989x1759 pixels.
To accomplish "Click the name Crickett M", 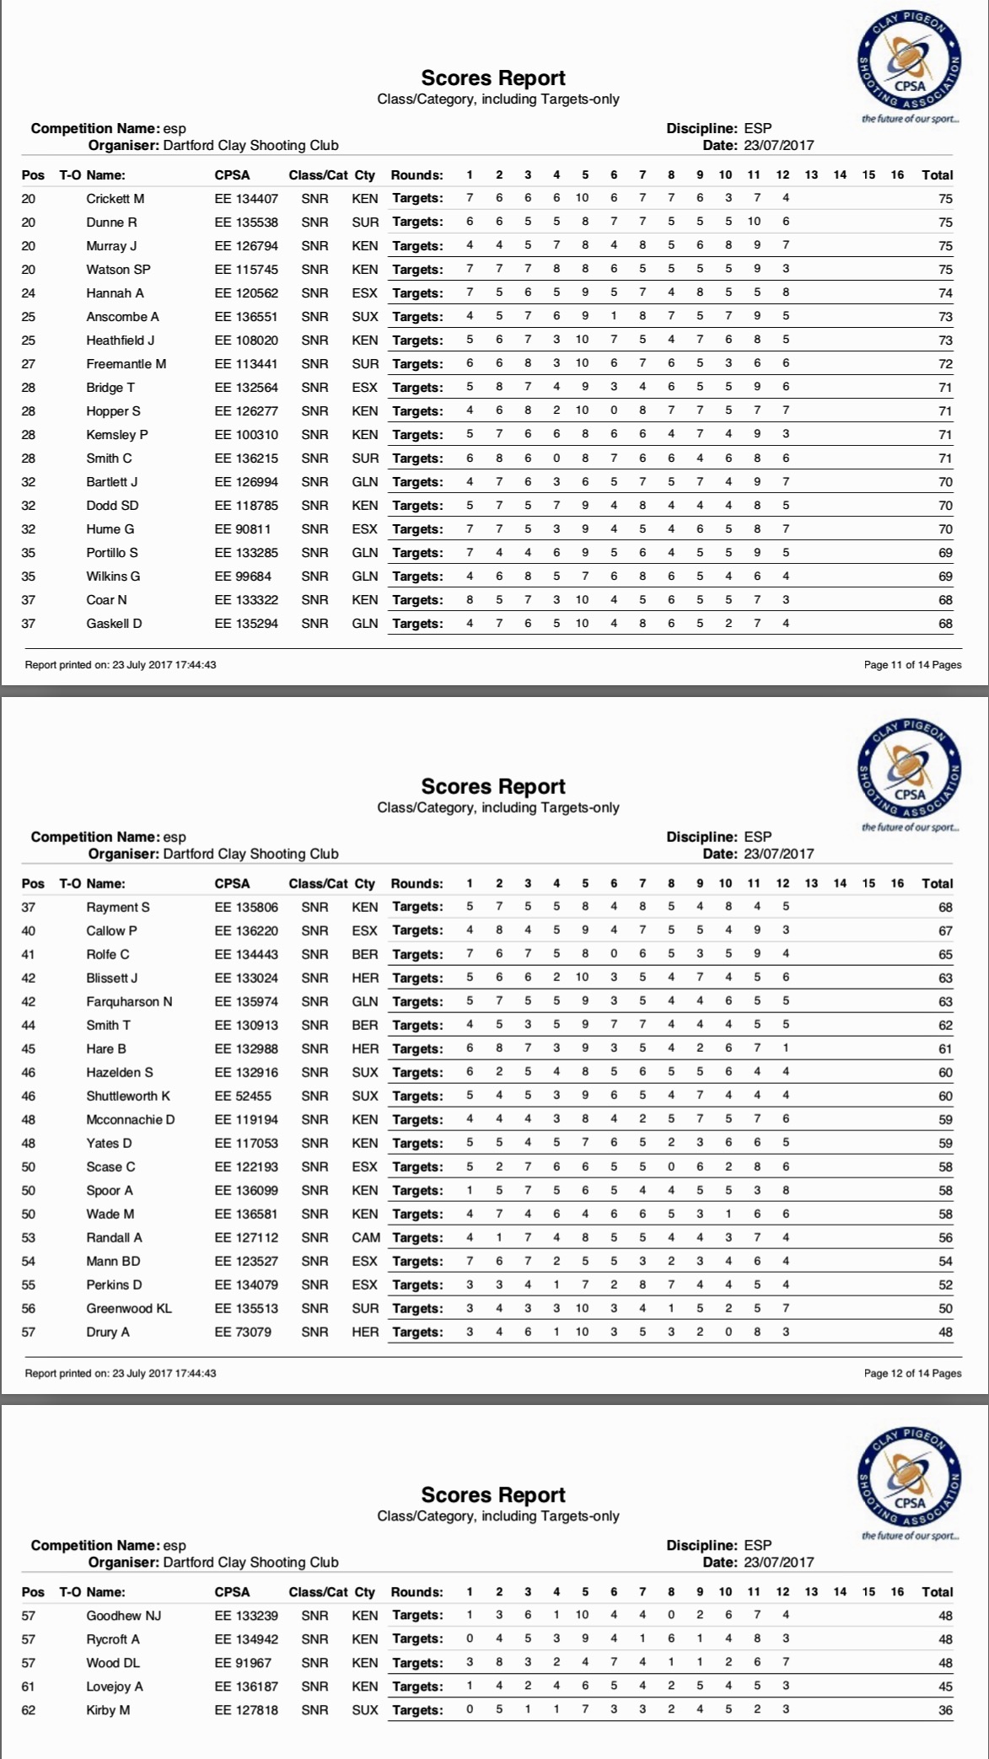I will point(115,199).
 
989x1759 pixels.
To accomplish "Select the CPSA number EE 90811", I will point(243,529).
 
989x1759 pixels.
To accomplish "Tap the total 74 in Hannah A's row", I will point(945,293).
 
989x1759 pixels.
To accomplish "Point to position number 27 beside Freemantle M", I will point(29,364).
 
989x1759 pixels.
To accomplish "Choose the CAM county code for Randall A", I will point(366,1238).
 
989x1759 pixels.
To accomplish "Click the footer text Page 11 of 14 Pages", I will point(912,665).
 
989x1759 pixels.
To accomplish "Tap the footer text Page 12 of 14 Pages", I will point(912,1373).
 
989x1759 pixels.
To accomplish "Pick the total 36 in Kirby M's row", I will point(945,1710).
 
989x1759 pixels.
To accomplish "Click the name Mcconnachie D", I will point(130,1120).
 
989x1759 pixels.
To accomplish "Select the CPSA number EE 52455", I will point(243,1097).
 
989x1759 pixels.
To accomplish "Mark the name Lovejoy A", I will point(114,1687).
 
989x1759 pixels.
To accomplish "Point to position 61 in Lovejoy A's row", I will point(29,1687).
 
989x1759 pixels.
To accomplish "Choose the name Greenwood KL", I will point(128,1309).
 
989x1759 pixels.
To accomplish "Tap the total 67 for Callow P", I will point(945,931).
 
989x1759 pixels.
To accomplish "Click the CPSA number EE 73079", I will point(243,1333).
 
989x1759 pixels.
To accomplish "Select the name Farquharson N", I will point(128,1002).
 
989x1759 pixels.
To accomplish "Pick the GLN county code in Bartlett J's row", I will point(365,482).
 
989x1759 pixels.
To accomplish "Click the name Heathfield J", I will point(120,341).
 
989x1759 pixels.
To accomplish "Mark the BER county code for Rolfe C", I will point(365,955).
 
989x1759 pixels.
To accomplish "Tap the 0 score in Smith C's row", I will point(556,459).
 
